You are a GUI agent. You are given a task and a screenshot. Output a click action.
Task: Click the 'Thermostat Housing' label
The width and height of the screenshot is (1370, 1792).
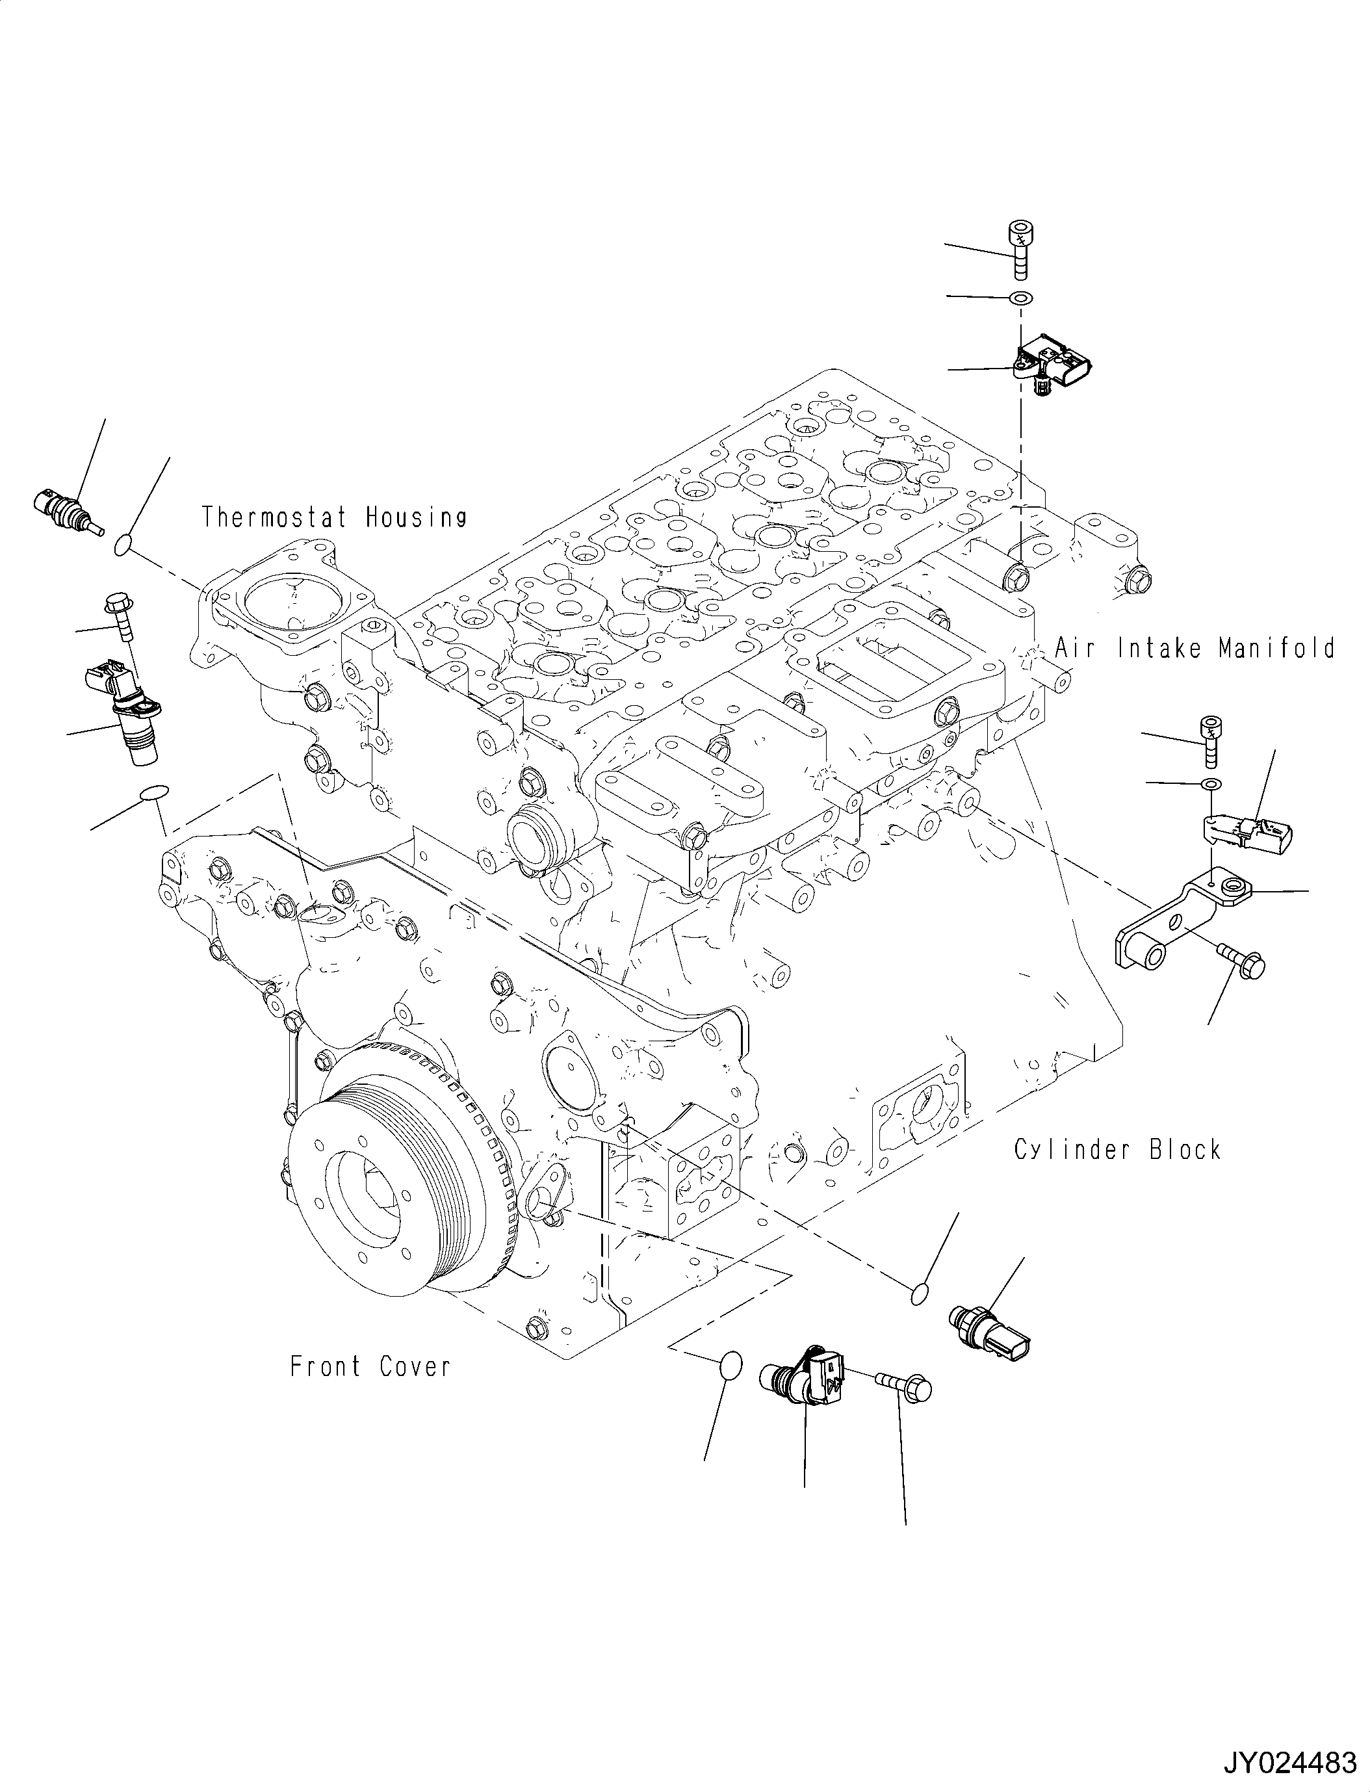[x=334, y=517]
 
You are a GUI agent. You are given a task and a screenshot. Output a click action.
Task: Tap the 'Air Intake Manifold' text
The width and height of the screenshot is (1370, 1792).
[x=1195, y=649]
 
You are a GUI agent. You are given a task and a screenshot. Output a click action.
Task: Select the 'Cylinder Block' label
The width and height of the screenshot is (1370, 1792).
[x=1117, y=1150]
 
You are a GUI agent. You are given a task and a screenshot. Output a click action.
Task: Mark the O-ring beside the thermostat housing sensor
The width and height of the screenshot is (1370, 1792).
[x=122, y=543]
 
